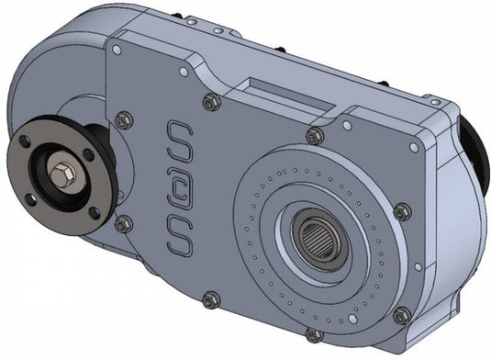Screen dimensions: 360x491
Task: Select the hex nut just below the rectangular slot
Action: point(314,136)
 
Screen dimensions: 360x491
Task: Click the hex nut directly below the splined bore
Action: point(313,334)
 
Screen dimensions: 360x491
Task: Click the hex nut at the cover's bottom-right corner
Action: point(402,317)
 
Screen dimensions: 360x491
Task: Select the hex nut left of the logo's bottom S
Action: point(122,222)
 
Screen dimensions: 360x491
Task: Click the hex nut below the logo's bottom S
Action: point(210,298)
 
